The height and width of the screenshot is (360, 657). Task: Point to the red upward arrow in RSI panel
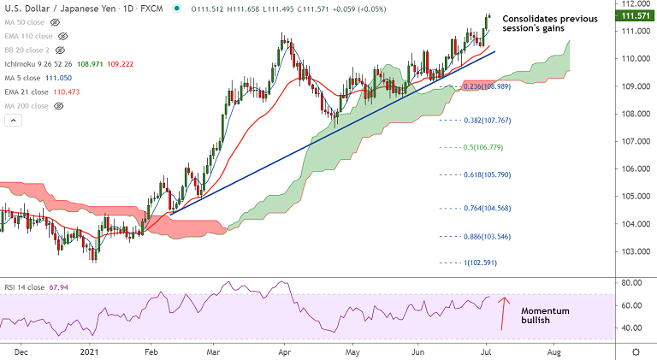click(x=505, y=313)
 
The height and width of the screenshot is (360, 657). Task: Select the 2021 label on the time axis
click(x=91, y=351)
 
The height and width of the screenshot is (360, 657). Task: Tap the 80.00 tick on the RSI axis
click(x=631, y=282)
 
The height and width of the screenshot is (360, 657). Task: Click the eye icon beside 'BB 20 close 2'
click(x=62, y=50)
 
